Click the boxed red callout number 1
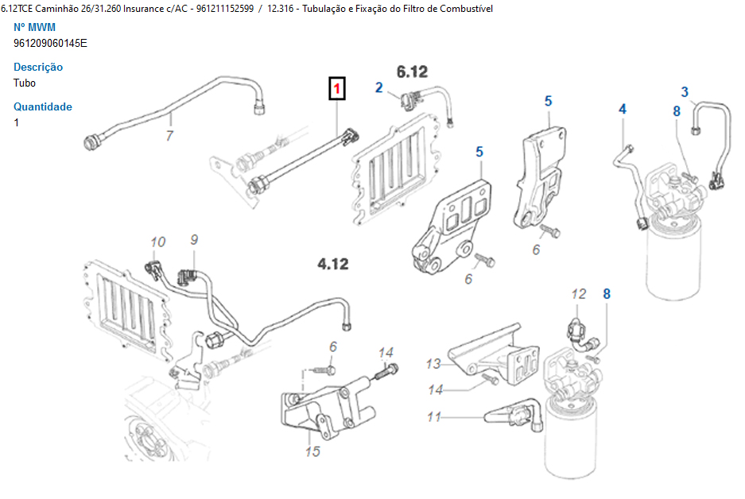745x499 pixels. pos(337,90)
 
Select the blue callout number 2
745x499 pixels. pos(379,88)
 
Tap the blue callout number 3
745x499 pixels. pos(684,92)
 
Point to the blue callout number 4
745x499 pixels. pos(623,109)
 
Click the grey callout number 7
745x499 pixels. pos(169,136)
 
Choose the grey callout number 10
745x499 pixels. pos(158,242)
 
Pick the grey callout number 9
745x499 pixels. pos(193,239)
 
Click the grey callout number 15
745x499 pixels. pos(312,451)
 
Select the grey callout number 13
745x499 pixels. pos(433,364)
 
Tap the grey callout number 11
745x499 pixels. pos(433,416)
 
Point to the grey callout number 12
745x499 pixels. pos(579,294)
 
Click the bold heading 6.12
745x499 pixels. pos(412,72)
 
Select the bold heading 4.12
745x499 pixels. pos(332,264)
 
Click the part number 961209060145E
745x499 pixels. pos(50,43)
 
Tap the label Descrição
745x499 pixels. pos(38,68)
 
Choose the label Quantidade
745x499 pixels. pos(43,107)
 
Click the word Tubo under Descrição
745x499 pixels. pos(25,83)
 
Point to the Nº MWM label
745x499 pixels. pos(35,28)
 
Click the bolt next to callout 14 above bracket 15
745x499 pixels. pos(389,369)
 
